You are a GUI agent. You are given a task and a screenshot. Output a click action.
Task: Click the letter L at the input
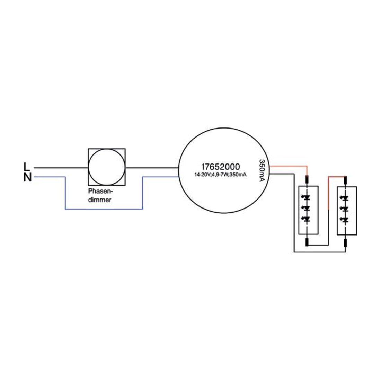pyautogui.click(x=27, y=167)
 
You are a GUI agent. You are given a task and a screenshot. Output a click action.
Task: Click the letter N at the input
pyautogui.click(x=28, y=177)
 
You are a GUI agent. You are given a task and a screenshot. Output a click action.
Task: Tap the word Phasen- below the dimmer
pyautogui.click(x=100, y=191)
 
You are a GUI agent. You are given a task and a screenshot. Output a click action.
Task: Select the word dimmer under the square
pyautogui.click(x=100, y=200)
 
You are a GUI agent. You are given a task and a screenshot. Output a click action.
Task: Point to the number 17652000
pyautogui.click(x=220, y=167)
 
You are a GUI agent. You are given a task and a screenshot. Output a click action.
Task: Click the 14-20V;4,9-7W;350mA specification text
pyautogui.click(x=220, y=175)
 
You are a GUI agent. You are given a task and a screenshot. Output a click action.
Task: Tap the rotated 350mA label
pyautogui.click(x=262, y=170)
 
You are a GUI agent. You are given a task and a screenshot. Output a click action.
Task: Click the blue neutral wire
pyautogui.click(x=104, y=209)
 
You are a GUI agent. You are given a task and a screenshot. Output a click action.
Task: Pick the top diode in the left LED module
pyautogui.click(x=307, y=197)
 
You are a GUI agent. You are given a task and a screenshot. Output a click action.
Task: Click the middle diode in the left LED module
pyautogui.click(x=307, y=208)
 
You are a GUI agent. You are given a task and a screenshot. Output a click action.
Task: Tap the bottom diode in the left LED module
pyautogui.click(x=307, y=219)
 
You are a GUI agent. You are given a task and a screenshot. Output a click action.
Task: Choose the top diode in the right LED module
pyautogui.click(x=345, y=198)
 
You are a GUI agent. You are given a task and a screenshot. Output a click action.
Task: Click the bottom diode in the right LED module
pyautogui.click(x=345, y=220)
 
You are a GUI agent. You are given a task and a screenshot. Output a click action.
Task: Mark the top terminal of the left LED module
pyautogui.click(x=307, y=180)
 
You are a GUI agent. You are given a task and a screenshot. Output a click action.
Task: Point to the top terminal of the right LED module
pyautogui.click(x=345, y=180)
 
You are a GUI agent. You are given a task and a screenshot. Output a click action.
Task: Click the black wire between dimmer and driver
pyautogui.click(x=152, y=168)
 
